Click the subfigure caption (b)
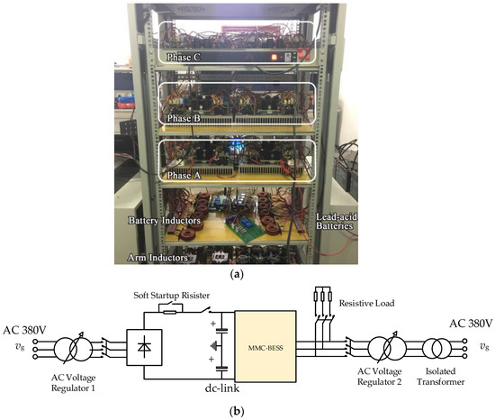click(247, 412)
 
